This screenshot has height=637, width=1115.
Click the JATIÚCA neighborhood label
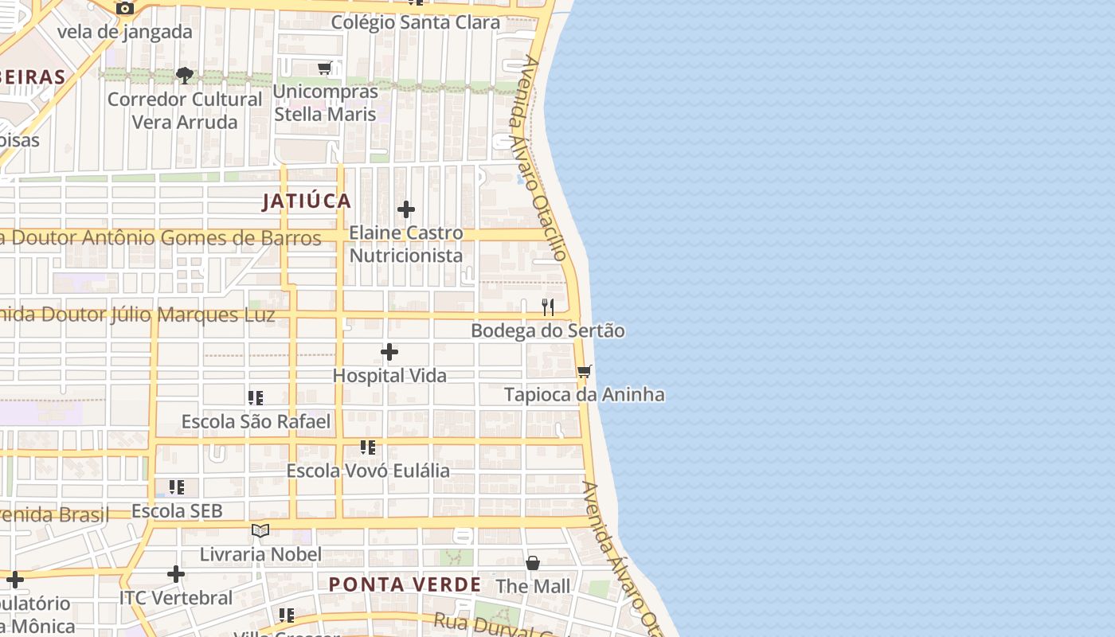[x=307, y=201]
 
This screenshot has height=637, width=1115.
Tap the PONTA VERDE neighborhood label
[x=405, y=584]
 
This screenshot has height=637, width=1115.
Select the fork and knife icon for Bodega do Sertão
[x=548, y=307]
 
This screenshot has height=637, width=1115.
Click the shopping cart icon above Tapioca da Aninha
[x=585, y=371]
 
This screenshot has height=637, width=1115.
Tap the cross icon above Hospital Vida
[x=389, y=352]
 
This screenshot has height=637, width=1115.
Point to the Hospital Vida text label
[x=389, y=375]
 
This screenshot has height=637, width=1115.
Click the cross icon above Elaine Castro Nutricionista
[x=406, y=209]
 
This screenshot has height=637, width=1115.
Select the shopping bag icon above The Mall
[x=533, y=563]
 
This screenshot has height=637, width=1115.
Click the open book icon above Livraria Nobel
[x=260, y=530]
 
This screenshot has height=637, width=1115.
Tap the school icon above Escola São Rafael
[x=256, y=397]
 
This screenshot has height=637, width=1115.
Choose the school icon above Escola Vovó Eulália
[x=367, y=447]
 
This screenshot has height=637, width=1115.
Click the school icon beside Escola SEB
[x=177, y=487]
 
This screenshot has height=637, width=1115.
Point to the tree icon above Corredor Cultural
[x=185, y=76]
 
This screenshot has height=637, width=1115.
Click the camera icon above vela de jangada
[x=125, y=8]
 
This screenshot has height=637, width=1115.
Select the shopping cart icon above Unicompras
[x=325, y=68]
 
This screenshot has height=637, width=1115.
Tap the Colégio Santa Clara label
[x=415, y=22]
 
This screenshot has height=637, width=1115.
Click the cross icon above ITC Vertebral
[x=176, y=574]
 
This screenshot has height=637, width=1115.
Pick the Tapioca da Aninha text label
[x=585, y=395]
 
